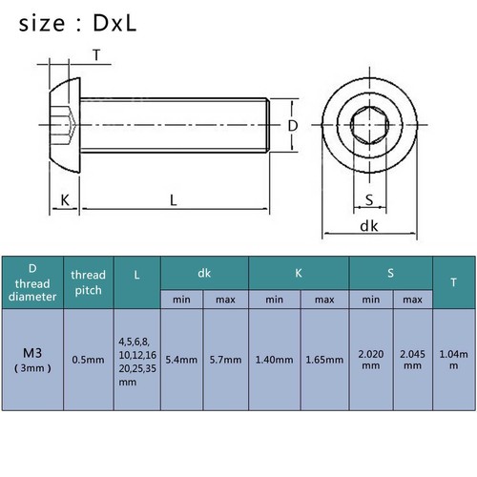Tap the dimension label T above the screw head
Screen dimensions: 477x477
(96, 54)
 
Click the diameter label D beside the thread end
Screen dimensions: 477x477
(294, 125)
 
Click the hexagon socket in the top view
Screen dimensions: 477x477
(369, 126)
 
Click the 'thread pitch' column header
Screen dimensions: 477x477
(88, 282)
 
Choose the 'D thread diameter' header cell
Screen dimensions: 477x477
(33, 281)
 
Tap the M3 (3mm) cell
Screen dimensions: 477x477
(33, 355)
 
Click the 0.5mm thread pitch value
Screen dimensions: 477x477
(88, 360)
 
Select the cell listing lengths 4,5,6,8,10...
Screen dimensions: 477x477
(136, 360)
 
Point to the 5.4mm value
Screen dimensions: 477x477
(181, 360)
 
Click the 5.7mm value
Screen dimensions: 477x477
(225, 360)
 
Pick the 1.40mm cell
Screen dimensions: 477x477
(274, 360)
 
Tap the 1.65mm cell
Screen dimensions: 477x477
(325, 360)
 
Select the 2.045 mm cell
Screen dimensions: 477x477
(412, 360)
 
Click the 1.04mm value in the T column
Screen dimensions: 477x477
(451, 360)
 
